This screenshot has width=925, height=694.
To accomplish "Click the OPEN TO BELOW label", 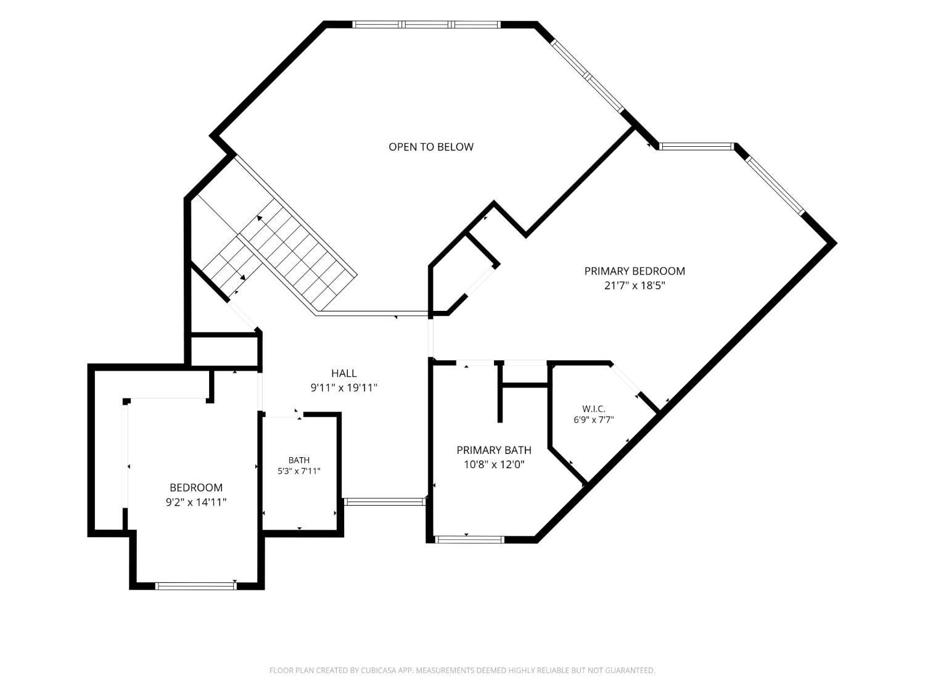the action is click(430, 147).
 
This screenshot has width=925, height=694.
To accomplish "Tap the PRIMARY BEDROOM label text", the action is click(634, 271).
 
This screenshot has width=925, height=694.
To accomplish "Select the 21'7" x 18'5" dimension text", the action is click(634, 286).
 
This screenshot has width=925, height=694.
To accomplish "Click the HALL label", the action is click(344, 373).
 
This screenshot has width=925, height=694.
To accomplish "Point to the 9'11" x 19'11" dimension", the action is click(344, 387).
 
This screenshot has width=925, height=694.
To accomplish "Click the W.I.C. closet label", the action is click(593, 409).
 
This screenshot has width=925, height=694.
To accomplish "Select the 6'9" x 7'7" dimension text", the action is click(593, 419).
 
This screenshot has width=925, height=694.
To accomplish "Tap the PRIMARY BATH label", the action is click(494, 450).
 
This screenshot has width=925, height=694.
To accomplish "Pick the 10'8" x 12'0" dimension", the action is click(494, 465).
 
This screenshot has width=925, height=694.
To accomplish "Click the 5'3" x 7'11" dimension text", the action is click(299, 471).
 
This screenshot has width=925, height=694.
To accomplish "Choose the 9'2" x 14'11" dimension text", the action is click(196, 502).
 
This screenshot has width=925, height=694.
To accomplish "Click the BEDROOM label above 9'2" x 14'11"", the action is click(196, 487).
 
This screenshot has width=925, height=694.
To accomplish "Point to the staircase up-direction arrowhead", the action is click(260, 218).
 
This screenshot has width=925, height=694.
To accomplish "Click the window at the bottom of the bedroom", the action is click(196, 585).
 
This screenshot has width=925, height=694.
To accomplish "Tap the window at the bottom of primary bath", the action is click(469, 539).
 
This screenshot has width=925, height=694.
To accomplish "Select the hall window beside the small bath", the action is click(384, 502).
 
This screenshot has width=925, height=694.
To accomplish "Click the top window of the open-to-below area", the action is click(426, 25).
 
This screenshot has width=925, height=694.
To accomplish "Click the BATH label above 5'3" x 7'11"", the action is click(299, 460).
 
